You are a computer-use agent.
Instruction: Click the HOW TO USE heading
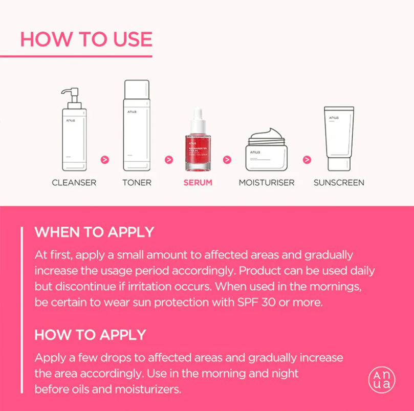click(x=86, y=40)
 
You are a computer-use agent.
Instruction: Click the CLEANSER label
click(x=74, y=183)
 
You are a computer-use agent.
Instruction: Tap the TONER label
click(x=137, y=183)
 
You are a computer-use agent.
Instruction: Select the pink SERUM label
click(x=198, y=183)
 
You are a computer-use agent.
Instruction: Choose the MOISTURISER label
click(x=267, y=183)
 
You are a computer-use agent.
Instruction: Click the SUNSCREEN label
click(x=339, y=183)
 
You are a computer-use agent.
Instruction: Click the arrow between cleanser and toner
click(x=105, y=160)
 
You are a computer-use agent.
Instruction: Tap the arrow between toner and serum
click(x=169, y=160)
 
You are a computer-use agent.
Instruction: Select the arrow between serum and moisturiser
click(x=227, y=160)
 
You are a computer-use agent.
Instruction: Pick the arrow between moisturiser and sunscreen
click(x=307, y=160)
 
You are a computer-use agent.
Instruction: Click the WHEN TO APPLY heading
click(x=94, y=232)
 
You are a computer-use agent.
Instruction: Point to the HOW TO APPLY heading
click(x=90, y=335)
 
